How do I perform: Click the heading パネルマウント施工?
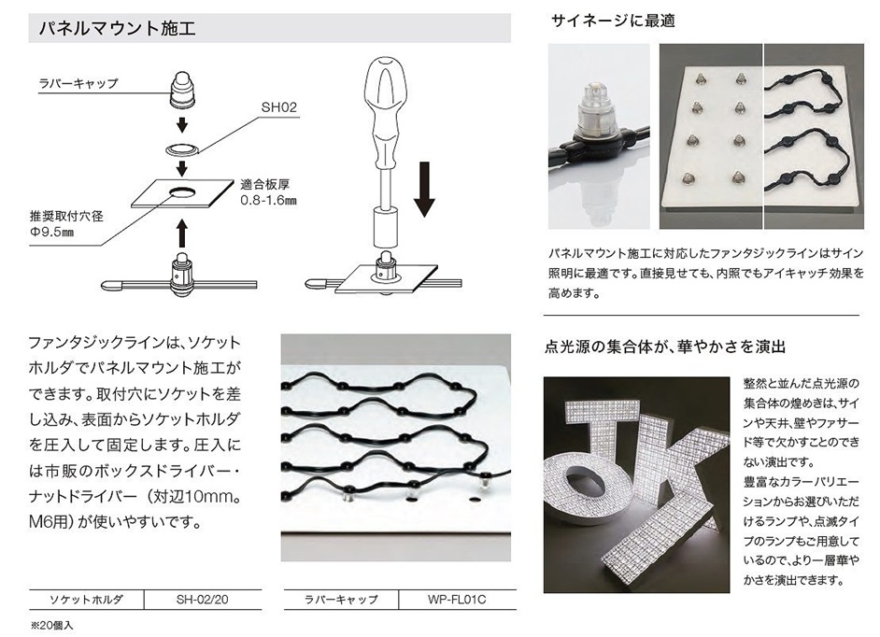coord(118,28)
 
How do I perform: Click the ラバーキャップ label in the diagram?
coord(78,84)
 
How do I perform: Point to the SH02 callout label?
coord(279,107)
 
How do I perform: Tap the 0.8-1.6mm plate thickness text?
coord(268,200)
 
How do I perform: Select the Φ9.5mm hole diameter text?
coord(51,232)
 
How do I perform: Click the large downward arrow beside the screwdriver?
coord(425,189)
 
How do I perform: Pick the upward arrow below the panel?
coord(181,234)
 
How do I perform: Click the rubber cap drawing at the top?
coord(182,90)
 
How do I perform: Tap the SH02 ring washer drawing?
coord(182,149)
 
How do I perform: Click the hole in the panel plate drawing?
coord(181,191)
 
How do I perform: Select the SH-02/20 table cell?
coord(202,600)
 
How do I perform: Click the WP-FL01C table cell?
coord(457,600)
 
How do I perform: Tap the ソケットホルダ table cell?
coord(86,600)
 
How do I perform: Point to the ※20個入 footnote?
coord(51,625)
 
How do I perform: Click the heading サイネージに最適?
coord(613,21)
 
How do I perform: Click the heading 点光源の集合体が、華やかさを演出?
coord(665,347)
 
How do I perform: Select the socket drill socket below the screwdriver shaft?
coord(385,226)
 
